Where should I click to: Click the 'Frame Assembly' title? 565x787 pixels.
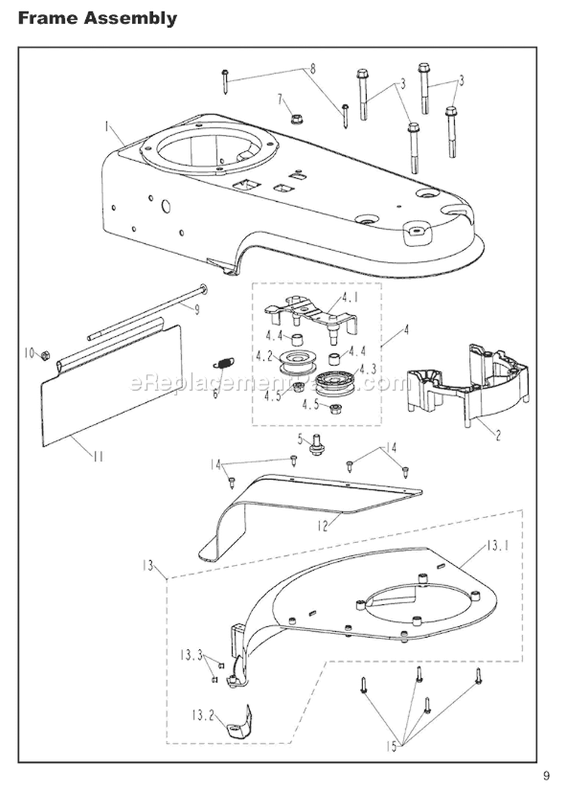(x=98, y=18)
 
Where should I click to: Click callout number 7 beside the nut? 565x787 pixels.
(x=279, y=99)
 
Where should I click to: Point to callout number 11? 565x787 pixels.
(x=99, y=456)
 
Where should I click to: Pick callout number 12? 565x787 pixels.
(x=323, y=526)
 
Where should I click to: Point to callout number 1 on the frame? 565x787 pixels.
(x=108, y=124)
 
